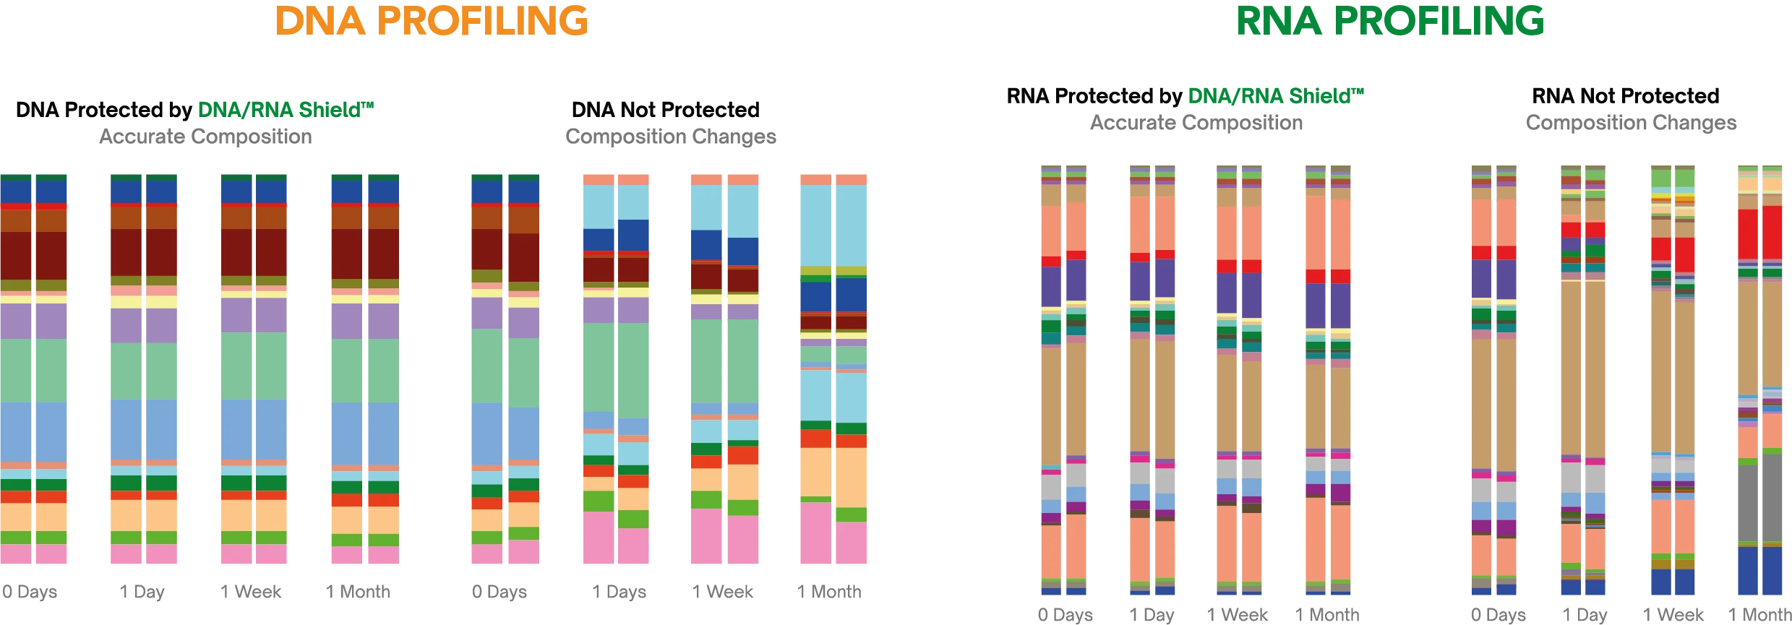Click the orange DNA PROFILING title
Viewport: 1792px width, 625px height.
pyautogui.click(x=431, y=21)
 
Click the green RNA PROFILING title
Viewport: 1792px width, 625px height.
pyautogui.click(x=1390, y=21)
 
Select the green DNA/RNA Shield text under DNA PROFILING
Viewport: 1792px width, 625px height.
pyautogui.click(x=286, y=111)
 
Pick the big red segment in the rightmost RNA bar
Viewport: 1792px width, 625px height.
pyautogui.click(x=1761, y=233)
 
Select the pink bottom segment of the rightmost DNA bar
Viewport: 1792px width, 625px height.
pyautogui.click(x=833, y=538)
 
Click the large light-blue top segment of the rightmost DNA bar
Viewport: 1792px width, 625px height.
pyautogui.click(x=833, y=224)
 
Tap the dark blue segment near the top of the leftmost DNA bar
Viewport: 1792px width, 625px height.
pyautogui.click(x=34, y=191)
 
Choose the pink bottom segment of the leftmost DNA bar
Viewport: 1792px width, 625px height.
pyautogui.click(x=34, y=554)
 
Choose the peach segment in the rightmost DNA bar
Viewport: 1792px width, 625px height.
pyautogui.click(x=833, y=473)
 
